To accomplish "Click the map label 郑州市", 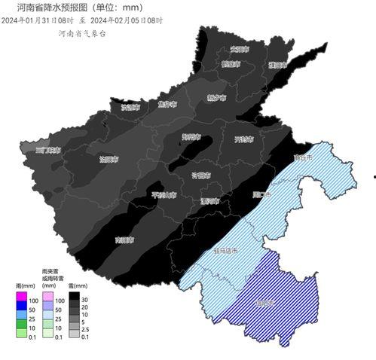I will coord(191,137).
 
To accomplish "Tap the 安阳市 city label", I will coord(239,49).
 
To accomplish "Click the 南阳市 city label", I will coord(124,240).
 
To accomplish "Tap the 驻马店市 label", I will coord(225,250).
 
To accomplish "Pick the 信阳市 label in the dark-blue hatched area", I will coord(265,303).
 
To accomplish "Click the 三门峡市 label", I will coord(48,150).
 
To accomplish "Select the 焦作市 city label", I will coord(167,105).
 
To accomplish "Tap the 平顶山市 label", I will coord(164,195).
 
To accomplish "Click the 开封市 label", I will coord(243,139).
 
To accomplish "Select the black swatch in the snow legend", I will coord(73,300).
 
